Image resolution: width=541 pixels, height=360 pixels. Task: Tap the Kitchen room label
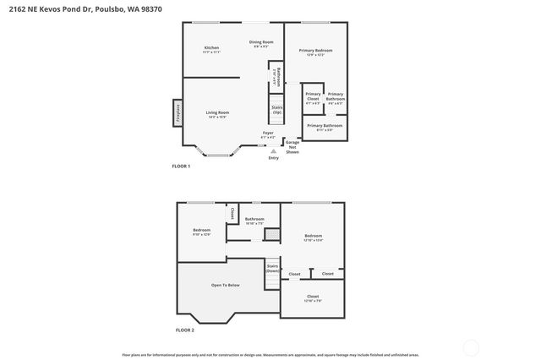211,49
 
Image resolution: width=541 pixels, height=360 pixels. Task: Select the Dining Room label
261,44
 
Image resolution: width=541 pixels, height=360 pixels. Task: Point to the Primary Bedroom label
315,52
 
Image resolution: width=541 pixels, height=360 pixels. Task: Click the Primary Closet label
313,98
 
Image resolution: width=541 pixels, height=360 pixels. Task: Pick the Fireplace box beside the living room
178,112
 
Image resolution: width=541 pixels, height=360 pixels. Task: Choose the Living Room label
218,114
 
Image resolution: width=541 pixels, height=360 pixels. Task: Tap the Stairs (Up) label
276,110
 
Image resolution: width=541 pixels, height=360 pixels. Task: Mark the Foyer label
268,134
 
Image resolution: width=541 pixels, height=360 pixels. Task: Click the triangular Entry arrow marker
273,151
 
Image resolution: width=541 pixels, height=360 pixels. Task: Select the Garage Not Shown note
292,147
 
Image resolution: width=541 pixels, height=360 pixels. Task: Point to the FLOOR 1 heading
181,166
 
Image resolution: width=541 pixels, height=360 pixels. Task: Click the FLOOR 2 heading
184,330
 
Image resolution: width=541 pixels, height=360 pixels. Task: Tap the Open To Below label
226,285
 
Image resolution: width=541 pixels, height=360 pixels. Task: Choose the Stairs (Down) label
272,269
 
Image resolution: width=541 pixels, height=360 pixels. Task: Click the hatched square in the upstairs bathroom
272,234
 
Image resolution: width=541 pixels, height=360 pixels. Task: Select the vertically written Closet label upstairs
232,215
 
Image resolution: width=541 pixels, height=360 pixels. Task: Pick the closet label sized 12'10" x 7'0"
313,297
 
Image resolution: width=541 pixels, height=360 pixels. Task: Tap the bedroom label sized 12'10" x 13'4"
313,237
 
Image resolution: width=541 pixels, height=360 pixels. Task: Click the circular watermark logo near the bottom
472,346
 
